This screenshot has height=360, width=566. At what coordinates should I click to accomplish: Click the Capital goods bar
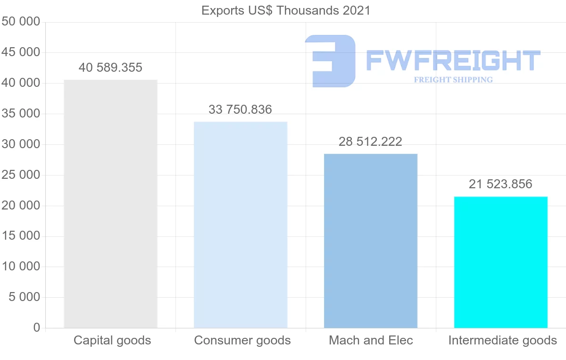[110, 204]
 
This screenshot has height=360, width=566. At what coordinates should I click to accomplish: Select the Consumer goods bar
[241, 225]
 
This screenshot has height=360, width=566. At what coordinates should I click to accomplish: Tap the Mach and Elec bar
[371, 241]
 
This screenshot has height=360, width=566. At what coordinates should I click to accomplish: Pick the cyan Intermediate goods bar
[500, 262]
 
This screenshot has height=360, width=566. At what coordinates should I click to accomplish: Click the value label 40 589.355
[110, 68]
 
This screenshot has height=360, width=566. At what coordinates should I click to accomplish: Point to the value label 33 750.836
[240, 110]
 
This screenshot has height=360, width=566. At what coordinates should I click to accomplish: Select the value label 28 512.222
[370, 142]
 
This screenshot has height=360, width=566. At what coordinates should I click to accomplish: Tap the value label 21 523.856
[500, 184]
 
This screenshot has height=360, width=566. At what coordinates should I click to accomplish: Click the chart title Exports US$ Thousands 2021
[286, 10]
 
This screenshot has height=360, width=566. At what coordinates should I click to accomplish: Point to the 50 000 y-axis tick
[21, 22]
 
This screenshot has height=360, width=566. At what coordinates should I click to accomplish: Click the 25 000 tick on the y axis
[21, 175]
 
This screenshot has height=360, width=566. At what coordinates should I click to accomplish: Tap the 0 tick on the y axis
[37, 328]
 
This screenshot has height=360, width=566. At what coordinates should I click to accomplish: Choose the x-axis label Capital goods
[112, 340]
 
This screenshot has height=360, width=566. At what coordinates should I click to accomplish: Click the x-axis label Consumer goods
[242, 340]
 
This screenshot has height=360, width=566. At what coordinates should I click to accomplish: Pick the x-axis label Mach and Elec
[371, 340]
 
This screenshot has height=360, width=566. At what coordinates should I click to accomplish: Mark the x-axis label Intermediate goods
[502, 340]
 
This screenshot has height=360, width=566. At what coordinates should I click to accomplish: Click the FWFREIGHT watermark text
[453, 60]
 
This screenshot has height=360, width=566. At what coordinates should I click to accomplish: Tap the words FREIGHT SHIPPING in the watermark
[453, 80]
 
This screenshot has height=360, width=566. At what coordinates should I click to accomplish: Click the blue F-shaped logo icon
[330, 60]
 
